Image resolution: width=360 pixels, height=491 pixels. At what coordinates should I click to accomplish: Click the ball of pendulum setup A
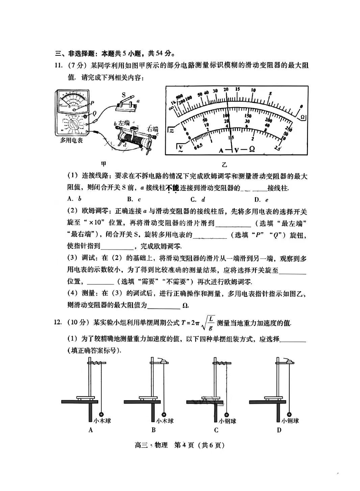[101, 414]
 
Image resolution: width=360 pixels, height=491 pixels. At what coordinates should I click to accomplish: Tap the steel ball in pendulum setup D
[289, 414]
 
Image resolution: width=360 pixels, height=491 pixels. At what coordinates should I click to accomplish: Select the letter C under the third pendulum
[216, 430]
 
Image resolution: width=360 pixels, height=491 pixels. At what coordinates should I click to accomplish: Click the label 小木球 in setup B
[165, 421]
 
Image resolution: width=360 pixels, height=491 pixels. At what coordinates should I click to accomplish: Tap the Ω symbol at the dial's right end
[303, 117]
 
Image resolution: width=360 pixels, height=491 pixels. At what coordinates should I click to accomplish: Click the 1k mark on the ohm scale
[173, 103]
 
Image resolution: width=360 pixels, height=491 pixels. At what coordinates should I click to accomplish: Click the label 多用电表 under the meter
[71, 140]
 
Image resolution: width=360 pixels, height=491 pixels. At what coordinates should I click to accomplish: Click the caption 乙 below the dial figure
[225, 164]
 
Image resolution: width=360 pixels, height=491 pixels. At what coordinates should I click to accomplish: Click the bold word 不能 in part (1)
[172, 188]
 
